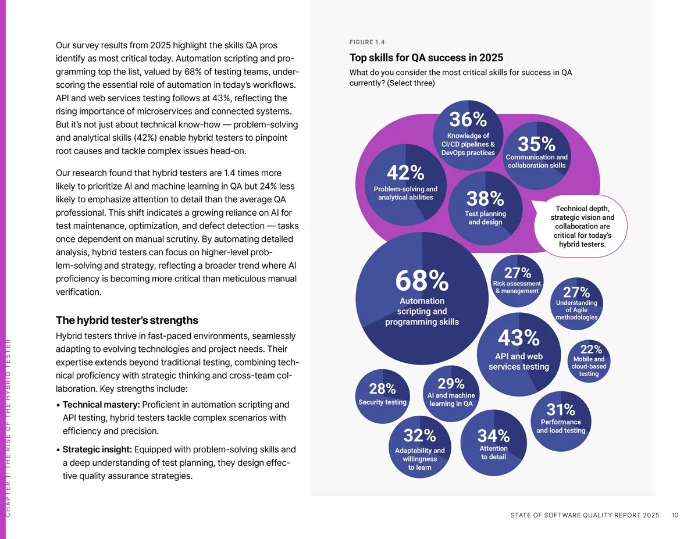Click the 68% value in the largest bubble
click(422, 281)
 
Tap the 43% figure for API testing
click(518, 337)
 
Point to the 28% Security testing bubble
click(382, 395)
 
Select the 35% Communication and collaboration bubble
click(536, 152)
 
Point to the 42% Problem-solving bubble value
click(405, 173)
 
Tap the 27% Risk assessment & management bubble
click(517, 279)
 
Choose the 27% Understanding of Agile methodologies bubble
click(576, 302)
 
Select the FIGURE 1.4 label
click(367, 42)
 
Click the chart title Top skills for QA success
click(426, 58)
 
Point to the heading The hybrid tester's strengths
click(127, 320)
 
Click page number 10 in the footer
click(675, 515)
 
